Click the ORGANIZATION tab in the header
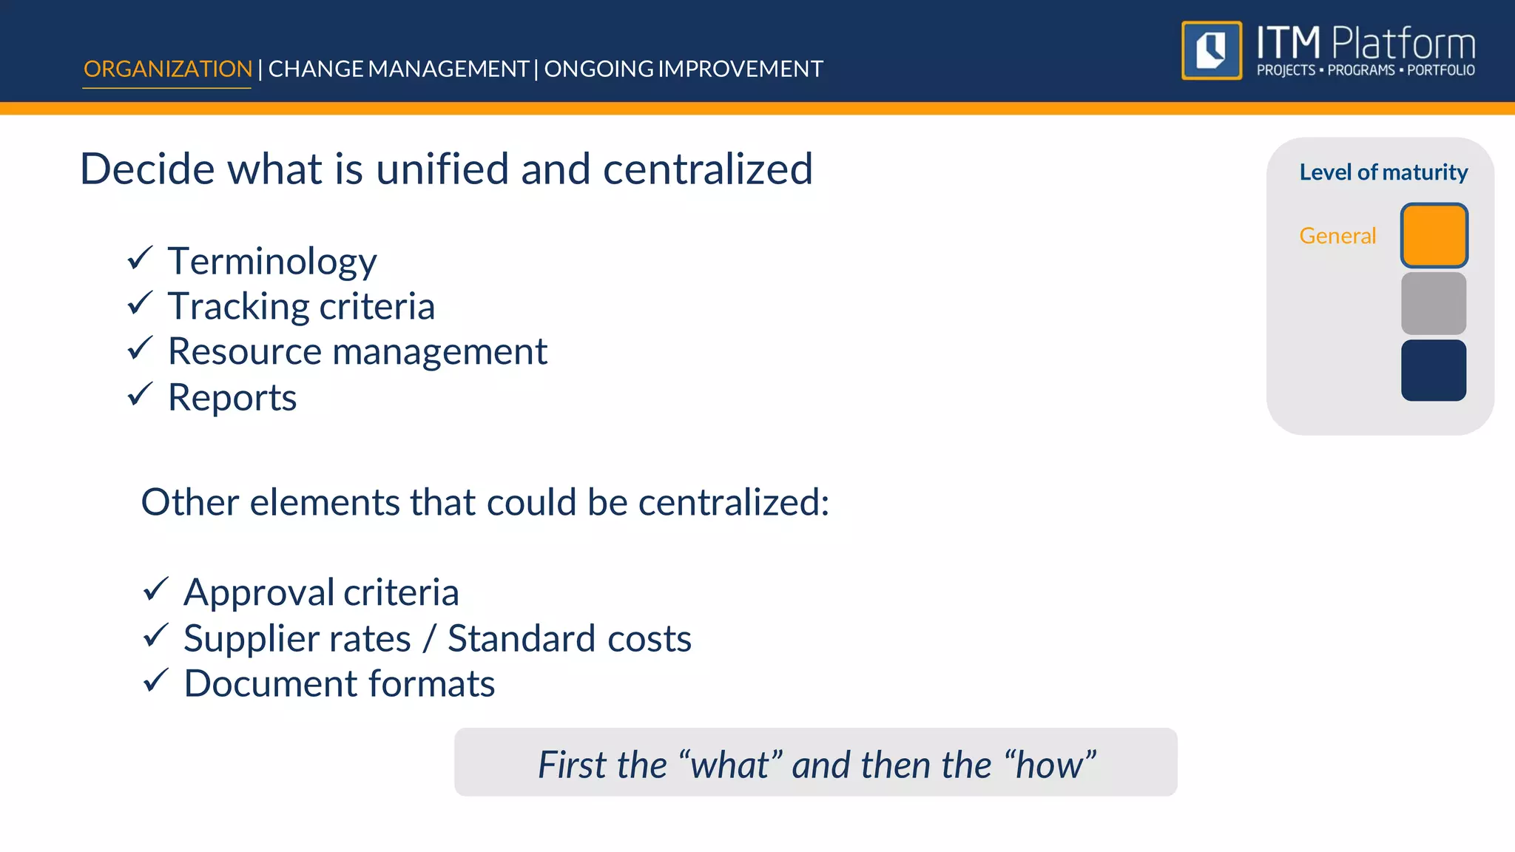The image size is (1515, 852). click(168, 69)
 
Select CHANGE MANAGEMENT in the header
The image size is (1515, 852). click(398, 69)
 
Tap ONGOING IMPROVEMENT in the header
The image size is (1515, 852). click(684, 69)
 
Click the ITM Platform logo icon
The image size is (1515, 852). click(1212, 50)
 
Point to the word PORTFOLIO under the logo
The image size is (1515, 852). click(1440, 71)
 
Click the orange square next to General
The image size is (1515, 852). click(1434, 235)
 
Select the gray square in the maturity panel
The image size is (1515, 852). click(1434, 303)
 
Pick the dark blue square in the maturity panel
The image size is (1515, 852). click(1434, 371)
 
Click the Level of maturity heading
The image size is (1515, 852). click(1383, 172)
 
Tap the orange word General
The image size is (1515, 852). click(1337, 236)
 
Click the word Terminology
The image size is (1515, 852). click(272, 262)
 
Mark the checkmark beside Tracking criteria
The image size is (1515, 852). click(140, 303)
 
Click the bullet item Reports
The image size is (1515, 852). click(232, 398)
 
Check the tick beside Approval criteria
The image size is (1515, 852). click(156, 589)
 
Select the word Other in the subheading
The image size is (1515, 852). click(190, 503)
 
